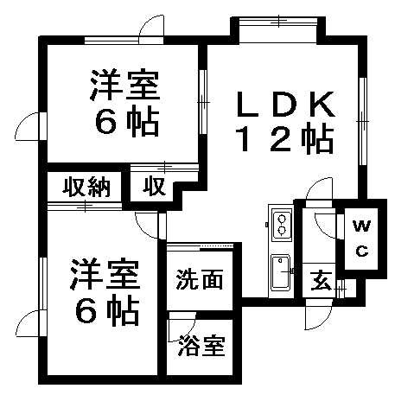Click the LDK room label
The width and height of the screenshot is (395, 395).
coord(286,104)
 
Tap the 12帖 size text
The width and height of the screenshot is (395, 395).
coord(285,138)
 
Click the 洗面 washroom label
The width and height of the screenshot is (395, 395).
coord(200,279)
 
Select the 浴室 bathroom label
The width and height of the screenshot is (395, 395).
coord(201,346)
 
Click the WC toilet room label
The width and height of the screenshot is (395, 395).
coord(362,239)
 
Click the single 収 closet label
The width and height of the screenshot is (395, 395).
coord(155,186)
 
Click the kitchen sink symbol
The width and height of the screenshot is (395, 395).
coord(280,272)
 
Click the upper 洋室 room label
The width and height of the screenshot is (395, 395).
coord(124,85)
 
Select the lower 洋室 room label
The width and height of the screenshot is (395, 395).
coord(105,275)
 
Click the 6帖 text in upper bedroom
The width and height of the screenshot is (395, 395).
coord(127,122)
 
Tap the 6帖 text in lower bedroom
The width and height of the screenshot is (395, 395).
coord(107,310)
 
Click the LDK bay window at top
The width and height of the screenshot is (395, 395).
coord(278,22)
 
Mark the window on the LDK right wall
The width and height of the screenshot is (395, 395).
coord(363,121)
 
